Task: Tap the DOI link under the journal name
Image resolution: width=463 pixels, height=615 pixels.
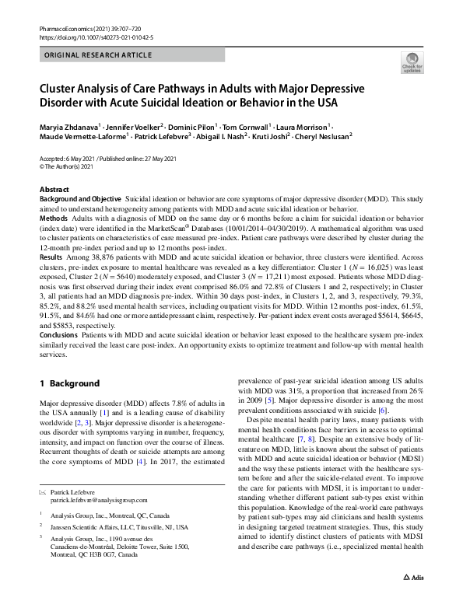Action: pos(85,37)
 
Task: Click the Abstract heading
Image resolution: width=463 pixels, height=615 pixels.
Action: pos(57,190)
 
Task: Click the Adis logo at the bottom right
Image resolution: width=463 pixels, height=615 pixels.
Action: pos(416,600)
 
